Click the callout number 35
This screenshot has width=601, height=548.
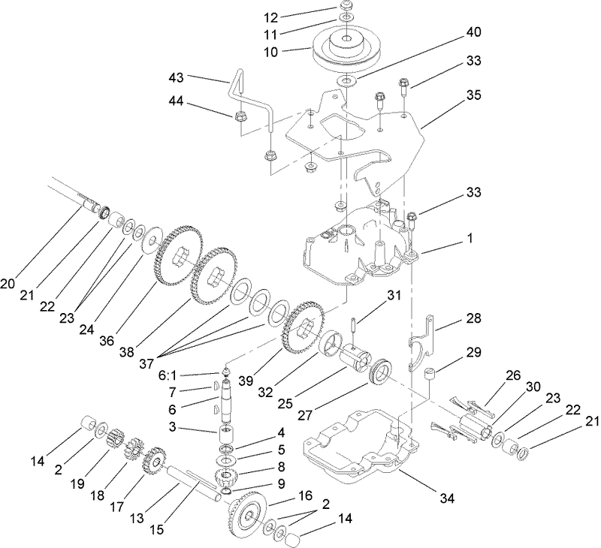453,95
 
